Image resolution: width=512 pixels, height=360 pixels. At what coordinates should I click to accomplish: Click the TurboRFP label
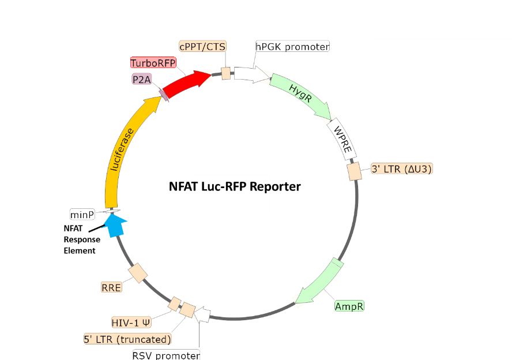[153, 63]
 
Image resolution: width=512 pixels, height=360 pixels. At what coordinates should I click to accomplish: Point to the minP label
[82, 215]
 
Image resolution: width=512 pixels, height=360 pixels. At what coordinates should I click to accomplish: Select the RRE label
[112, 287]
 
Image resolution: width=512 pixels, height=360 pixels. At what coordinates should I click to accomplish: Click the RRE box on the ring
[138, 273]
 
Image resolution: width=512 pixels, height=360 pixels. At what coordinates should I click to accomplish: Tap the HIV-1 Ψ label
[131, 322]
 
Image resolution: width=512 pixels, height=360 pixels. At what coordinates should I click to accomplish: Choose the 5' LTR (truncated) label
[128, 339]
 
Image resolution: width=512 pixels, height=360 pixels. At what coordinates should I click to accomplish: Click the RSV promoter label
[167, 355]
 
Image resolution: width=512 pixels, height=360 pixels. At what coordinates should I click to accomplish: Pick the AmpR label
[349, 306]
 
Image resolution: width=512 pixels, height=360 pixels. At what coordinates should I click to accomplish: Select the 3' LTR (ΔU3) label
[401, 169]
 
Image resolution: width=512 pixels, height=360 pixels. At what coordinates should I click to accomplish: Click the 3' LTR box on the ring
[354, 171]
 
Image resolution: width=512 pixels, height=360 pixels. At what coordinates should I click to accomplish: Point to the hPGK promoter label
[293, 46]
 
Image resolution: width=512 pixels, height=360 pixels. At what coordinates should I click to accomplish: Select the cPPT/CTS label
[203, 46]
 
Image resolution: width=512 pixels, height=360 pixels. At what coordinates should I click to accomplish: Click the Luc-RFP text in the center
[231, 187]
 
